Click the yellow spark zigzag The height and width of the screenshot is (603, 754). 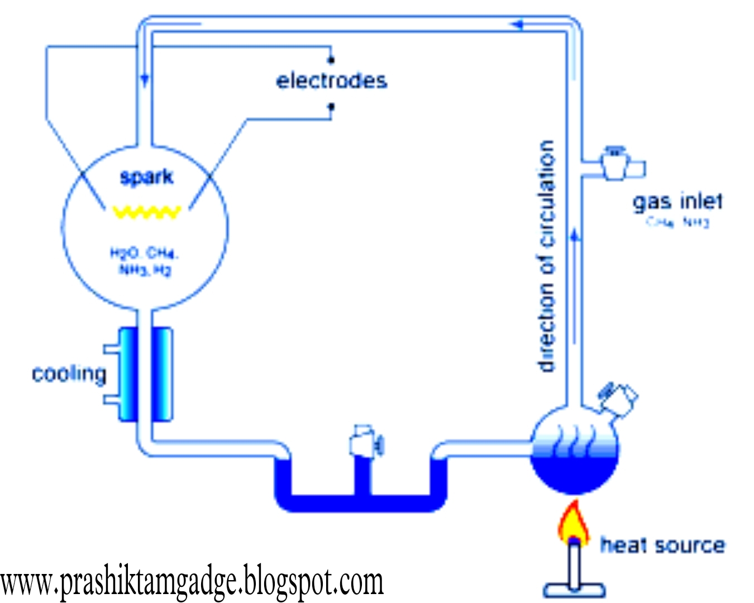pos(147,212)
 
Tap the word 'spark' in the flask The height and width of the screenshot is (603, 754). pos(146,178)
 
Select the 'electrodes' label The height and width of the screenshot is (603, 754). pos(331,81)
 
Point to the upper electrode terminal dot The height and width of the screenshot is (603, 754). pos(331,59)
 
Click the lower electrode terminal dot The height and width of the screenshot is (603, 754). pos(331,106)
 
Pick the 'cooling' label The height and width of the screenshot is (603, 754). pos(69,374)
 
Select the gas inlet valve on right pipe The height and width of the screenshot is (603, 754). pos(615,163)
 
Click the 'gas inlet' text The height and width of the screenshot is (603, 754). pos(677,201)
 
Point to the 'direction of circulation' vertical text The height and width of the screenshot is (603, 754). pos(547,256)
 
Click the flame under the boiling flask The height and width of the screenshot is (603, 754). pos(573,522)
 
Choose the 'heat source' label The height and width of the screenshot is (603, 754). pos(662,545)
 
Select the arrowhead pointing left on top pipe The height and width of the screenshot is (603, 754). pos(517,24)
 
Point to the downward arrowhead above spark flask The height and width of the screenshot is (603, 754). pos(145,80)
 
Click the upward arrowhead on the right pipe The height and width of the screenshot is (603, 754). pos(575,236)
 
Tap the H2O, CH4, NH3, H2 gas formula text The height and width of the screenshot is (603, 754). pos(144,262)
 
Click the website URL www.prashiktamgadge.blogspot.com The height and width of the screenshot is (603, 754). pos(192,582)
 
